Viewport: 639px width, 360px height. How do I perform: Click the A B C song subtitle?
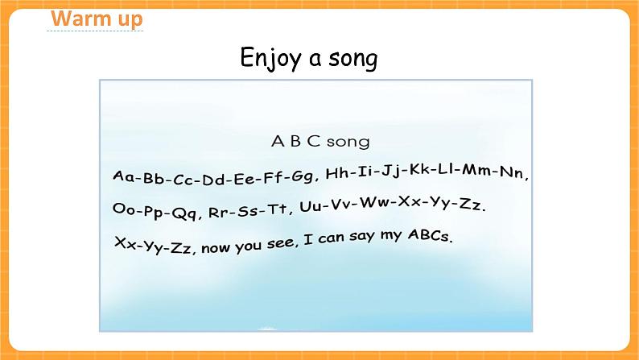pyautogui.click(x=319, y=142)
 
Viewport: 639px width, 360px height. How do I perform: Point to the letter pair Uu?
pyautogui.click(x=311, y=206)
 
